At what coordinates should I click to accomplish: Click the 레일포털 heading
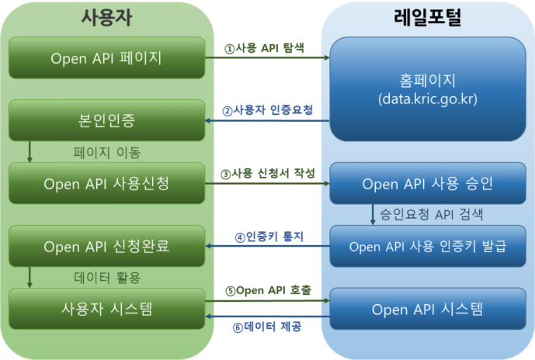[428, 19]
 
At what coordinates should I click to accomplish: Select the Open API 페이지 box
[106, 58]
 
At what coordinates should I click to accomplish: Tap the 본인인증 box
[106, 122]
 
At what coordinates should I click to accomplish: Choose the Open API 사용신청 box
[106, 184]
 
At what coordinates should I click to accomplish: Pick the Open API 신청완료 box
[106, 247]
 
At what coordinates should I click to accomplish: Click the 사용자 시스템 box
[106, 309]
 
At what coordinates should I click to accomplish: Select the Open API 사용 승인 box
[428, 185]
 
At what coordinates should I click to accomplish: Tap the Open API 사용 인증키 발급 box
[428, 247]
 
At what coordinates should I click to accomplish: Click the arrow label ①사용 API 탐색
[264, 47]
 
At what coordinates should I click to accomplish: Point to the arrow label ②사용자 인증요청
[267, 110]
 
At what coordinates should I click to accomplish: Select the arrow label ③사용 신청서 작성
[267, 174]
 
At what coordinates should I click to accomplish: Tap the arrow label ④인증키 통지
[267, 236]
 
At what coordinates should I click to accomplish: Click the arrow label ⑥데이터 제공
[267, 327]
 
